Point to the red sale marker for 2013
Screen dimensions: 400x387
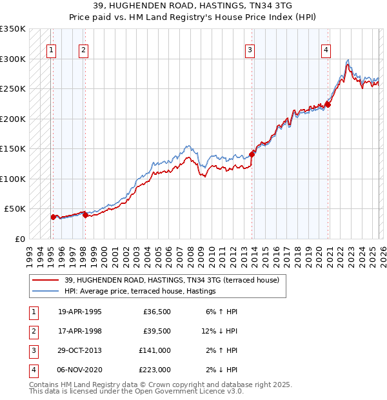(252, 154)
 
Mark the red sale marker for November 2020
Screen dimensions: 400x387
(328, 105)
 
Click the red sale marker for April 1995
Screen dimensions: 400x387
(53, 217)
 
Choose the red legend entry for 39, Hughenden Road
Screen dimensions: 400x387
(171, 280)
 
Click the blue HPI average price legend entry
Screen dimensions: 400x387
(139, 292)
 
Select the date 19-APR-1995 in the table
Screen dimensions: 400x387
(80, 312)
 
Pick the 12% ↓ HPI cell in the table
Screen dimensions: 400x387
(219, 331)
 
